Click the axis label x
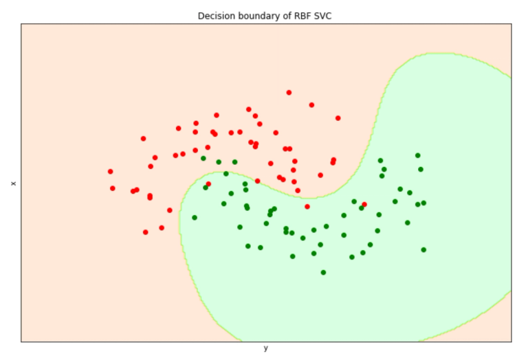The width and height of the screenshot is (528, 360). [13, 183]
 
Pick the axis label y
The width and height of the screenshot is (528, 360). [265, 348]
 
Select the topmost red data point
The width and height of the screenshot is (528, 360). [289, 92]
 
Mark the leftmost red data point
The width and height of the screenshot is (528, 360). [110, 172]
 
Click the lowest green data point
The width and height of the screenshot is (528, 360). [323, 272]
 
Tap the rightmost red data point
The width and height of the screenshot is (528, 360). [364, 204]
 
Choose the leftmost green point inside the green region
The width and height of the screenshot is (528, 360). [195, 217]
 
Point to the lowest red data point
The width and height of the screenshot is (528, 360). [145, 232]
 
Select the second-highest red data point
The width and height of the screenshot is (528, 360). [311, 105]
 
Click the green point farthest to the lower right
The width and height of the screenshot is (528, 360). [423, 249]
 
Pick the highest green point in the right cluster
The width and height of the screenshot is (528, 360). [417, 155]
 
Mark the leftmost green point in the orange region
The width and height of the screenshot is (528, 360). [203, 158]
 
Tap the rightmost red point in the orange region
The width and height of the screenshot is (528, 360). [338, 118]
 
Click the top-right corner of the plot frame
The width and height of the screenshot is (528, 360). [511, 24]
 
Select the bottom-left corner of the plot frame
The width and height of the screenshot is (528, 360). [21, 341]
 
